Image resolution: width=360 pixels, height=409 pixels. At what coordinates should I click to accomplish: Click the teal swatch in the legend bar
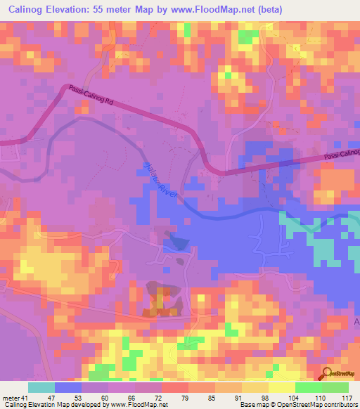point(41,387)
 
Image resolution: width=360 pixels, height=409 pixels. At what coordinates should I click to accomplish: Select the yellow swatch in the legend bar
point(281,387)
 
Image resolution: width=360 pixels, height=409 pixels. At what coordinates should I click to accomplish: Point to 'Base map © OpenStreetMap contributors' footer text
point(295,405)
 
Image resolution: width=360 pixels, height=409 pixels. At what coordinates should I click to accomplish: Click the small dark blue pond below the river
point(176,242)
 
